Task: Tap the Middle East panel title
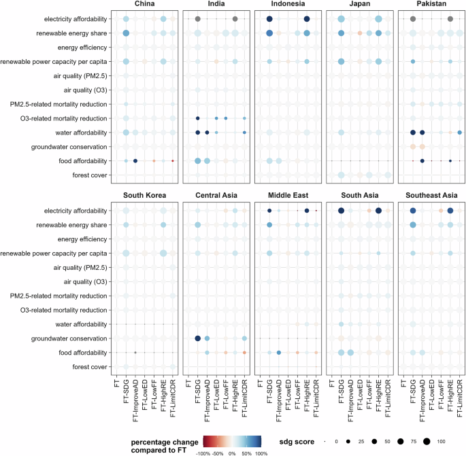coord(288,196)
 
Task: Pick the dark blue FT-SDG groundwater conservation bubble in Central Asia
coord(197,338)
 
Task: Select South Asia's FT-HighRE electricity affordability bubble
coord(378,211)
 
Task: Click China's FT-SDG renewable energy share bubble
coord(126,33)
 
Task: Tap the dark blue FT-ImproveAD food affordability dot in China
coord(135,160)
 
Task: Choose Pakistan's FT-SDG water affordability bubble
coord(412,133)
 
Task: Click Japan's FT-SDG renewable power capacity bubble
coord(341,62)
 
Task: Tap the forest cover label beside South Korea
coord(87,367)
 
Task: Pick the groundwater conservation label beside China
coord(70,147)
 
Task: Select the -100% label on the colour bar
coord(202,452)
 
